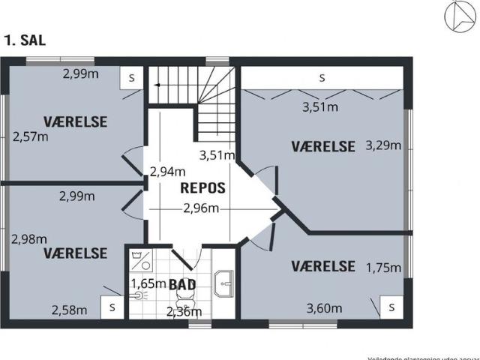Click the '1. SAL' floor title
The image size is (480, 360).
pos(25,40)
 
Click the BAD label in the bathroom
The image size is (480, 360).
pos(182,284)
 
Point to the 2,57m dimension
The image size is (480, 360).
pos(31,136)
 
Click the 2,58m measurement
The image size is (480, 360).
pos(69,309)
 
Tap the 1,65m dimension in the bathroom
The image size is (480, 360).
pos(148,283)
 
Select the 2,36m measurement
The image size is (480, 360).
pos(184,312)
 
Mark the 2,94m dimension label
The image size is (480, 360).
pos(167,171)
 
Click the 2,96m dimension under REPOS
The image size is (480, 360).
pos(201,208)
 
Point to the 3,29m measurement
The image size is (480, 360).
pos(382,145)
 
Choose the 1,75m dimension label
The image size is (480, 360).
pos(382,268)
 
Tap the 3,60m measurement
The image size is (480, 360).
pos(325,308)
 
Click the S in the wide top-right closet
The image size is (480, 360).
pos(322,77)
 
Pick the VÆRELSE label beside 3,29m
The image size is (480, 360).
pos(322,146)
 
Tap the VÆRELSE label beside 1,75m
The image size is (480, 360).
pos(322,265)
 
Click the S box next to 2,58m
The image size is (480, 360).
pos(112,307)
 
